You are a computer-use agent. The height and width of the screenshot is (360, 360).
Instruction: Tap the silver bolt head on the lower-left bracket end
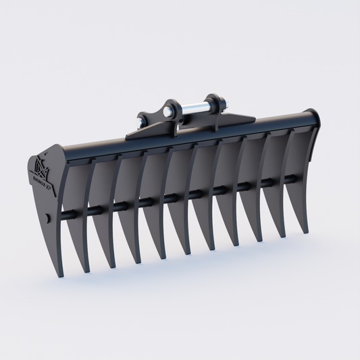click(140, 122)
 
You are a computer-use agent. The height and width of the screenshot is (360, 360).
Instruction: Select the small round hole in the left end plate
click(47, 217)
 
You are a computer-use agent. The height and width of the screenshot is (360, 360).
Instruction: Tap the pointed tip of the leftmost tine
click(86, 271)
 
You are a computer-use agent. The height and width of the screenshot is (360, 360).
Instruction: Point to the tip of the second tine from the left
click(111, 267)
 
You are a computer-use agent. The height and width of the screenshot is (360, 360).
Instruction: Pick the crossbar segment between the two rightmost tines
click(290, 179)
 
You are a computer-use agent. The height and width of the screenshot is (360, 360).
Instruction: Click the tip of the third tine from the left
click(136, 262)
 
